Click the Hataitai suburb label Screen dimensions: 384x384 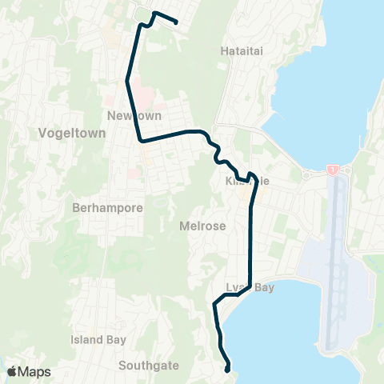(x=241, y=50)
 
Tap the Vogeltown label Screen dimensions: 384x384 (x=73, y=134)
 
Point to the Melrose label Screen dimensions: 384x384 (x=204, y=226)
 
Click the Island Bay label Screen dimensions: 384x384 (x=98, y=339)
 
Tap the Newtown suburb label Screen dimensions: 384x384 (x=129, y=117)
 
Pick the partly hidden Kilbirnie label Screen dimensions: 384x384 (x=248, y=182)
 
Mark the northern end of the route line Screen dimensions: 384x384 (x=175, y=23)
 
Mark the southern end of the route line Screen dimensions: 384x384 (x=229, y=370)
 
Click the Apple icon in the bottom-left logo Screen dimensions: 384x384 (x=12, y=371)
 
